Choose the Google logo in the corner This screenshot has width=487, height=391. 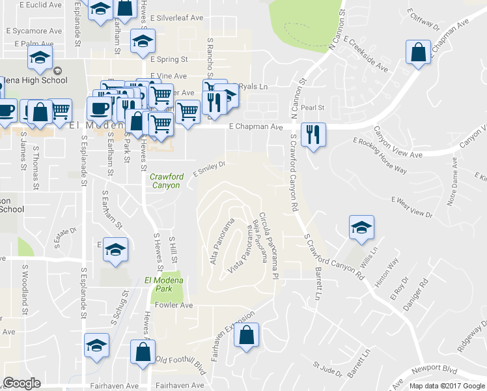(21, 383)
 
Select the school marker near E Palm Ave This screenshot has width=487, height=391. (40, 58)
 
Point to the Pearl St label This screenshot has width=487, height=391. (312, 107)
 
